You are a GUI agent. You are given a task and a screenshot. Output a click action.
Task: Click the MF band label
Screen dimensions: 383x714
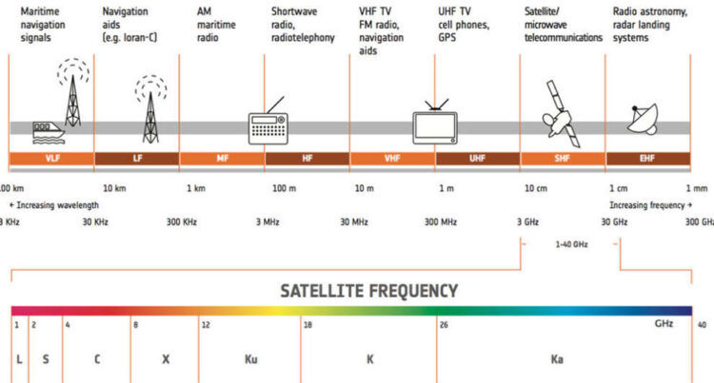[x=221, y=159]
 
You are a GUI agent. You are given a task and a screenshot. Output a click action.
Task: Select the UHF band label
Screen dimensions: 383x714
[x=477, y=159]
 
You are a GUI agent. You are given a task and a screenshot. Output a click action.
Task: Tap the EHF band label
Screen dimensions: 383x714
[x=649, y=159]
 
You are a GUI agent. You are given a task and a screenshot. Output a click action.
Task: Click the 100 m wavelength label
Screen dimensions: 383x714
[x=285, y=188]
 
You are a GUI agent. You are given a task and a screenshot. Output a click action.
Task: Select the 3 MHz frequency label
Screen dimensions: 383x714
[x=267, y=221]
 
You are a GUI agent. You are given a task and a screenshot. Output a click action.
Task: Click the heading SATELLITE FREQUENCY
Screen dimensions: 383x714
[x=369, y=291]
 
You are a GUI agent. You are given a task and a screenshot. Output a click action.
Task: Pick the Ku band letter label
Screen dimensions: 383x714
[x=251, y=360]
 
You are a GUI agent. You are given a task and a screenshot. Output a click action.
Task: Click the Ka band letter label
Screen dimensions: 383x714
[x=557, y=360]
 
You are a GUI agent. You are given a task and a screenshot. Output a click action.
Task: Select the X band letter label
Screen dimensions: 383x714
[x=166, y=360]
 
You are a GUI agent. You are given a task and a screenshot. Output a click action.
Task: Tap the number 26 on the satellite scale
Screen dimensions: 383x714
[x=444, y=325]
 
